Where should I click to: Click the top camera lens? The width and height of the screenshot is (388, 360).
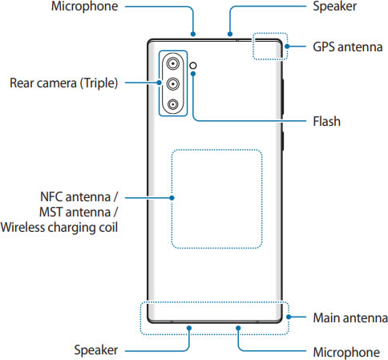tap(173, 63)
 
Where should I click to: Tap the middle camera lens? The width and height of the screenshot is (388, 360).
tap(173, 84)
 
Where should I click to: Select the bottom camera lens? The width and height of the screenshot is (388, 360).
tap(173, 104)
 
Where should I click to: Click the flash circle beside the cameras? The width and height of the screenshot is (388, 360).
tap(193, 65)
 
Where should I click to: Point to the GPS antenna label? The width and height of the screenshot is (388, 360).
tap(348, 47)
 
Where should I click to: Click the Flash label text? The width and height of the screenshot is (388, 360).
tap(326, 121)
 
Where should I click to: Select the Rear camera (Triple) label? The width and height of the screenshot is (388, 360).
tap(63, 83)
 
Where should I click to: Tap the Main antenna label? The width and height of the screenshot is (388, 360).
tap(350, 318)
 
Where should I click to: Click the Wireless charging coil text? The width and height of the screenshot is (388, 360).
tap(59, 228)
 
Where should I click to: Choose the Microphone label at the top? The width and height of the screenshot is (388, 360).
tap(84, 6)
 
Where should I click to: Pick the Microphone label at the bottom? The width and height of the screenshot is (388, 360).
tap(346, 352)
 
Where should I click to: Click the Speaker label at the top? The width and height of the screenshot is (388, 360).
tap(334, 6)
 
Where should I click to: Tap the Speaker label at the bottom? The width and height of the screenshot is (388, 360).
tap(96, 350)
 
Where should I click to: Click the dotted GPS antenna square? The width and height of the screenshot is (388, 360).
tap(270, 33)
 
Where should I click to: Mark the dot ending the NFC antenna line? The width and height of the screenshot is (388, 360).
tap(172, 198)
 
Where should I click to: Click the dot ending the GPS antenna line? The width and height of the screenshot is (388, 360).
tap(287, 47)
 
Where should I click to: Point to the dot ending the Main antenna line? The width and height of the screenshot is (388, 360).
tap(289, 317)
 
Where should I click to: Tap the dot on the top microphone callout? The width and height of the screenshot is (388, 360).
tap(193, 34)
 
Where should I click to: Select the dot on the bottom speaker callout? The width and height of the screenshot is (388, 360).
tap(189, 328)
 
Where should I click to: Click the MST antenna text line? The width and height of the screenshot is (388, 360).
tap(79, 212)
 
